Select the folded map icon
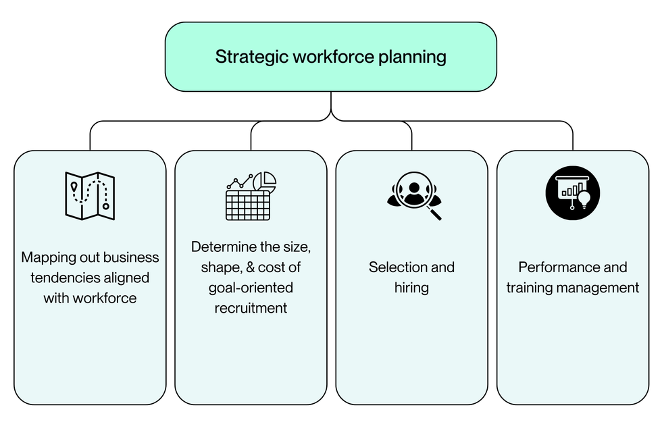(x=90, y=195)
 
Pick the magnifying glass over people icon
(x=414, y=196)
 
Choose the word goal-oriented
(x=251, y=288)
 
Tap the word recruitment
(x=251, y=308)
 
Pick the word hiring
(x=411, y=288)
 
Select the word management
(x=599, y=288)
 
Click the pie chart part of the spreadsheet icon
(x=265, y=180)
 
